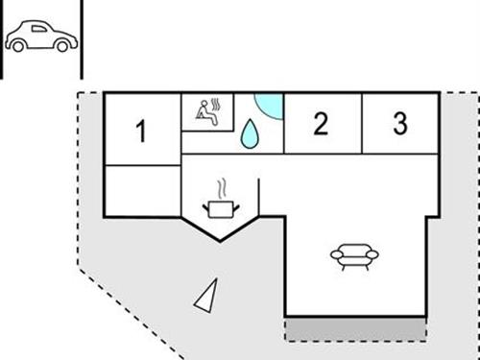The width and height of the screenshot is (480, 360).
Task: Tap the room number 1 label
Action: (x=141, y=131)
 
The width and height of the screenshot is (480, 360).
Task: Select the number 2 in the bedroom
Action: (x=321, y=123)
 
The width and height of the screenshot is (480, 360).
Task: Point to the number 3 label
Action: (x=400, y=123)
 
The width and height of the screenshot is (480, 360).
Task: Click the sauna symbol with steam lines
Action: (x=207, y=111)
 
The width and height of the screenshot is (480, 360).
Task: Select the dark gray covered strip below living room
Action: (x=355, y=328)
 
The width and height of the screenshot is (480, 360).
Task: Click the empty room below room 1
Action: (x=142, y=190)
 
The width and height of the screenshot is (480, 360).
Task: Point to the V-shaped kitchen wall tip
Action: (x=220, y=240)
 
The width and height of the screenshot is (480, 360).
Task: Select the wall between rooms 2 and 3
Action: (x=361, y=123)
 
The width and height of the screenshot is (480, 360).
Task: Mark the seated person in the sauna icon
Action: (x=204, y=112)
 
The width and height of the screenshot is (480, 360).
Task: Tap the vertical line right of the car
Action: (x=82, y=38)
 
